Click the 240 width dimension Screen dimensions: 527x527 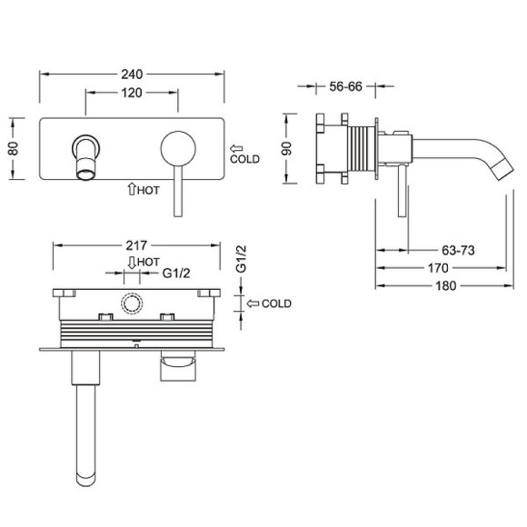point(132,75)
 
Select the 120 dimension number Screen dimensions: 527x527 point(132,93)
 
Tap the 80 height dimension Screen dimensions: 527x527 point(14,148)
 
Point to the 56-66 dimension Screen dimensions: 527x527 point(345,86)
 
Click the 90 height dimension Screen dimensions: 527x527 point(287,148)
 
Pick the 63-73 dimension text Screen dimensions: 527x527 point(458,251)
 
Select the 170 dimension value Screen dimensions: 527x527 point(438,268)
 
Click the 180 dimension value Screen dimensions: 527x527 point(445,286)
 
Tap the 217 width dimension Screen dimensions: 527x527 point(136,245)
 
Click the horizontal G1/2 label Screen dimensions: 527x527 point(176,273)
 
